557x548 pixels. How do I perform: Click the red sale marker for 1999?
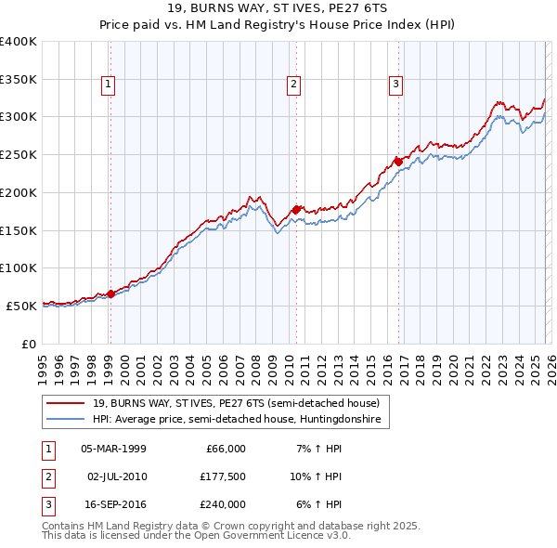(110, 294)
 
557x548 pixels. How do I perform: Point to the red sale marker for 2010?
(296, 209)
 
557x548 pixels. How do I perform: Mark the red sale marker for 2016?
(398, 162)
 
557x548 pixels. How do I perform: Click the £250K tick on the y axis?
(19, 155)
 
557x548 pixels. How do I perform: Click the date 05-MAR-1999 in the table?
(113, 449)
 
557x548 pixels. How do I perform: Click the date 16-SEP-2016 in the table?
(113, 504)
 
